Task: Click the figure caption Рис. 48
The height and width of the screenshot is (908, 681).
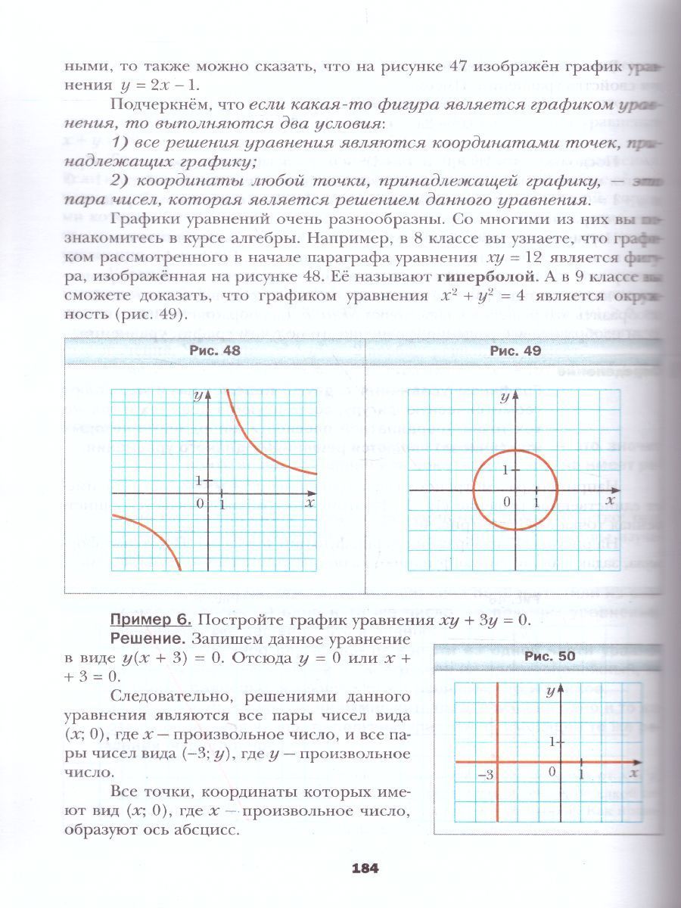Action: tap(214, 350)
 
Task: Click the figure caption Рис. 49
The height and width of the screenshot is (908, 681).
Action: tap(515, 350)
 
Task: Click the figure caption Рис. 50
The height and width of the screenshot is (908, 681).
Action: tap(550, 657)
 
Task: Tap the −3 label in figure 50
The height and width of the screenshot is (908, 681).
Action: tap(486, 775)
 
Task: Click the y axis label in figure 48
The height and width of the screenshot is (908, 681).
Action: tap(197, 396)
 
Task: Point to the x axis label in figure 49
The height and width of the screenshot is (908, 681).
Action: tap(610, 500)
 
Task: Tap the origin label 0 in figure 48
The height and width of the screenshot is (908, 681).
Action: tap(201, 503)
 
